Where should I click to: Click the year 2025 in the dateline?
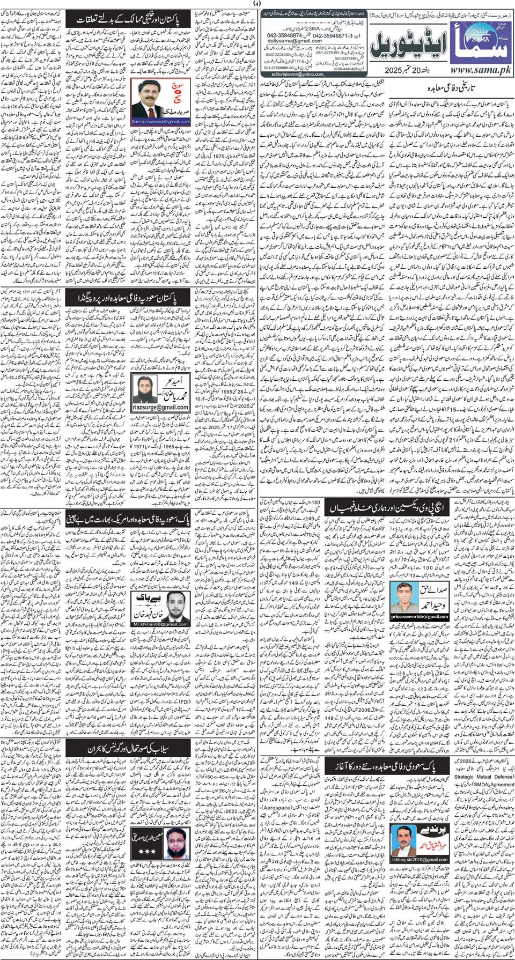point(396,71)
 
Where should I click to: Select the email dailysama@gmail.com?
point(295,41)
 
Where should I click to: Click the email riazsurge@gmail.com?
point(160,407)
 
